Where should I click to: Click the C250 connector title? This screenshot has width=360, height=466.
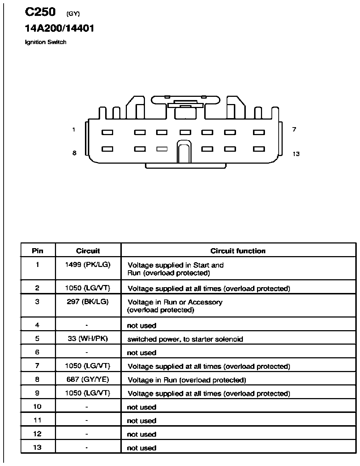coord(40,12)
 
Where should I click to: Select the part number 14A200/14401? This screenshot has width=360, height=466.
coord(59,28)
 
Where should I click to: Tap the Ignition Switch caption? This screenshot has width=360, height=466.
coord(46,42)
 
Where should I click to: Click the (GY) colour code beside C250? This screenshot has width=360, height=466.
coord(73,14)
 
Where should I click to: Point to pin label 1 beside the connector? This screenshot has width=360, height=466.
coord(74,130)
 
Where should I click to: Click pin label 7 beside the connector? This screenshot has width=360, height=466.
coord(294,129)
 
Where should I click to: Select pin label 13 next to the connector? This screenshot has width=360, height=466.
coord(296,154)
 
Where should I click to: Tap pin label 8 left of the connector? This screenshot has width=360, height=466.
coord(74,153)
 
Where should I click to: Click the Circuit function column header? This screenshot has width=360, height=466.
coord(238,251)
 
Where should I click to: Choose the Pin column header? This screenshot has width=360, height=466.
coord(38,251)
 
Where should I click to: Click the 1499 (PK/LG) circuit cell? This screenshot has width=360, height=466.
coord(88,265)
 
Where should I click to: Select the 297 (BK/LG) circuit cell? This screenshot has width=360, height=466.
coord(88,302)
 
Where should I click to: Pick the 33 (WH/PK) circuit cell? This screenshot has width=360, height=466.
coord(88,338)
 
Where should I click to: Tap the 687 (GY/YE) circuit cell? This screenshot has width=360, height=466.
coord(88,379)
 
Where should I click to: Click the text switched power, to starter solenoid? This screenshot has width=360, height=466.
coord(185,339)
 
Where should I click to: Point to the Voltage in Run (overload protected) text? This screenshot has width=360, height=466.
coord(187,380)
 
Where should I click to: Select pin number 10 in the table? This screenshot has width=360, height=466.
coord(37,407)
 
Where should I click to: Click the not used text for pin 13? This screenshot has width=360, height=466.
coord(142,448)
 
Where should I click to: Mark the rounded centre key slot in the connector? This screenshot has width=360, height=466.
coord(184,152)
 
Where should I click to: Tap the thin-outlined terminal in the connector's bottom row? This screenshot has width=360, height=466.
coord(162,149)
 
